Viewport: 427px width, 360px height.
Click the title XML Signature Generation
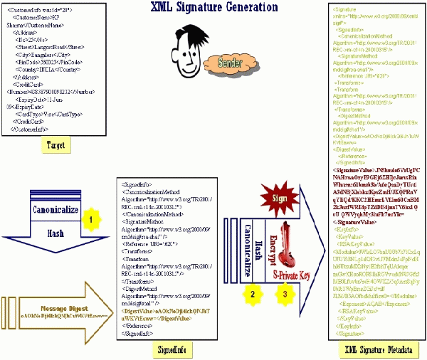213,8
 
